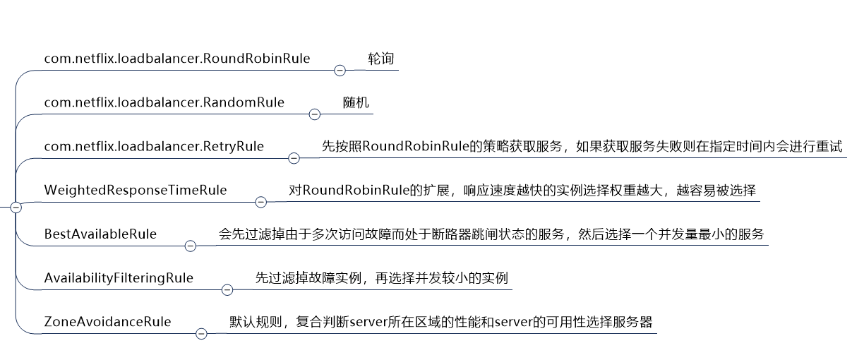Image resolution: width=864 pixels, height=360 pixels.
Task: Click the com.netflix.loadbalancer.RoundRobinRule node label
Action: tap(176, 59)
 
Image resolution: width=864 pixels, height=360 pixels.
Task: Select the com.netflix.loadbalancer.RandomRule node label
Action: tap(164, 102)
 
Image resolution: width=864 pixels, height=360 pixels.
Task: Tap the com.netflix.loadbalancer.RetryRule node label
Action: tap(154, 146)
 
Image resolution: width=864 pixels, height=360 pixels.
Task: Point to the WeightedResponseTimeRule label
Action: tap(136, 190)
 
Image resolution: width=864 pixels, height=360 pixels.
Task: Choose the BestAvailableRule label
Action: tap(100, 234)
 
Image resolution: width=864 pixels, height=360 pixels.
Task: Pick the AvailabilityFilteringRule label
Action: tap(119, 277)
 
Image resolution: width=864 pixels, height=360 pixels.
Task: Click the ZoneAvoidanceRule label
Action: tap(107, 321)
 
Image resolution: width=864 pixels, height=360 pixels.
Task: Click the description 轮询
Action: tap(381, 59)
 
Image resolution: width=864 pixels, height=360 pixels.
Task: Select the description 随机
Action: tap(356, 102)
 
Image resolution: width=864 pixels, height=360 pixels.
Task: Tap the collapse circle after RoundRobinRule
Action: tap(340, 71)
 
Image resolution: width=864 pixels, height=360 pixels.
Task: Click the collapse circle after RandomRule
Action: tap(315, 114)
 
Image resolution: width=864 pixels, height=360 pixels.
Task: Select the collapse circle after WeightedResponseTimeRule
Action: tap(260, 202)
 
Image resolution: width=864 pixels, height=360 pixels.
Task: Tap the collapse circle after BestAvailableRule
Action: tap(190, 246)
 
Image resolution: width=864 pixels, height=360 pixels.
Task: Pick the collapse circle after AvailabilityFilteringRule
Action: tap(227, 289)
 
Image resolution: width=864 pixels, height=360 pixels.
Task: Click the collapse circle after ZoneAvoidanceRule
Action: tap(201, 333)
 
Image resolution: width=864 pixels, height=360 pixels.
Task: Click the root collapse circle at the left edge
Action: tap(16, 208)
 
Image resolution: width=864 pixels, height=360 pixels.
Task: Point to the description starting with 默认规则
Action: tap(441, 321)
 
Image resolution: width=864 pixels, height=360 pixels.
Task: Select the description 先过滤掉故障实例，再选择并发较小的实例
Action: tap(381, 277)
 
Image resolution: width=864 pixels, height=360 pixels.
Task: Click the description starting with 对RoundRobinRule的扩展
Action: tap(522, 190)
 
